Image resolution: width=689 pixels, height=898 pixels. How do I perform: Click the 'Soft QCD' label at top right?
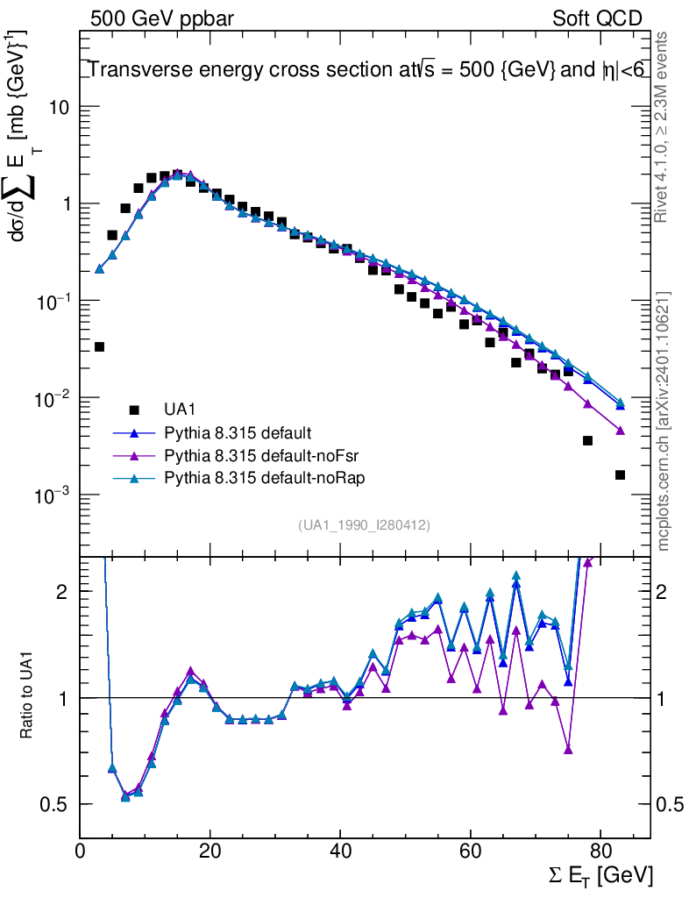click(598, 18)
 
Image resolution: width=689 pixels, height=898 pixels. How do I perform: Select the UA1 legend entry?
click(181, 410)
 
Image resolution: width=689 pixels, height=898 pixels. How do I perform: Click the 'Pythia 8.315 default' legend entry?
click(237, 432)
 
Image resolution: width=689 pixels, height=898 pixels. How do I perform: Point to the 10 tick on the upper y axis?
click(60, 107)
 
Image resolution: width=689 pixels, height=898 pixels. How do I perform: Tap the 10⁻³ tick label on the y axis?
click(53, 496)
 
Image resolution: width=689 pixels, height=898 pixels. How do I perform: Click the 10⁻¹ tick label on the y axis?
click(53, 302)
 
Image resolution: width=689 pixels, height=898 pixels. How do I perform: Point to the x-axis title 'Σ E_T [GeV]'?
click(597, 875)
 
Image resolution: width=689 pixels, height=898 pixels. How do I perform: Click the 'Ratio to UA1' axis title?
click(27, 696)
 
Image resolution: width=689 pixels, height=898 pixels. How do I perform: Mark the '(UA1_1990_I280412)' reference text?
click(364, 524)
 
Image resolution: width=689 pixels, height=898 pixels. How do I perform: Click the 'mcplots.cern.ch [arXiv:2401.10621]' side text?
click(664, 421)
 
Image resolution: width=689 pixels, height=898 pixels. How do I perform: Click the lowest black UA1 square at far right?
click(620, 475)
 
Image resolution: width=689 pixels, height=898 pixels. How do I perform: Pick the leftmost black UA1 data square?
click(99, 347)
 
